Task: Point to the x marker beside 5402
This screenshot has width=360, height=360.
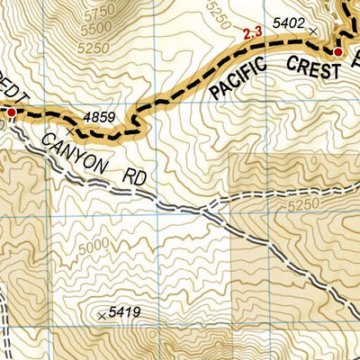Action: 313,31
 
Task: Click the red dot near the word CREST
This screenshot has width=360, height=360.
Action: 337,53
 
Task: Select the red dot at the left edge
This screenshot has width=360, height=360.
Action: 12,112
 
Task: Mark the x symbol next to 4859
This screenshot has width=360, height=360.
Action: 70,130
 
